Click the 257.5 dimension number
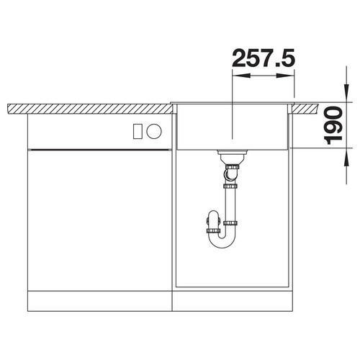[264, 58]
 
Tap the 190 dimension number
[333, 126]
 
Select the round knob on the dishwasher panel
[154, 131]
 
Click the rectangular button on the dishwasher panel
[138, 131]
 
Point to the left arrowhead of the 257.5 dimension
[241, 76]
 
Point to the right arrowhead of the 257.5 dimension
[285, 76]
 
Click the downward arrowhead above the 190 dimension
[346, 93]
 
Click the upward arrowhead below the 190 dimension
[346, 157]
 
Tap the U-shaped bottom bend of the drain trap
[221, 242]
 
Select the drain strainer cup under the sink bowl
[232, 156]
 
